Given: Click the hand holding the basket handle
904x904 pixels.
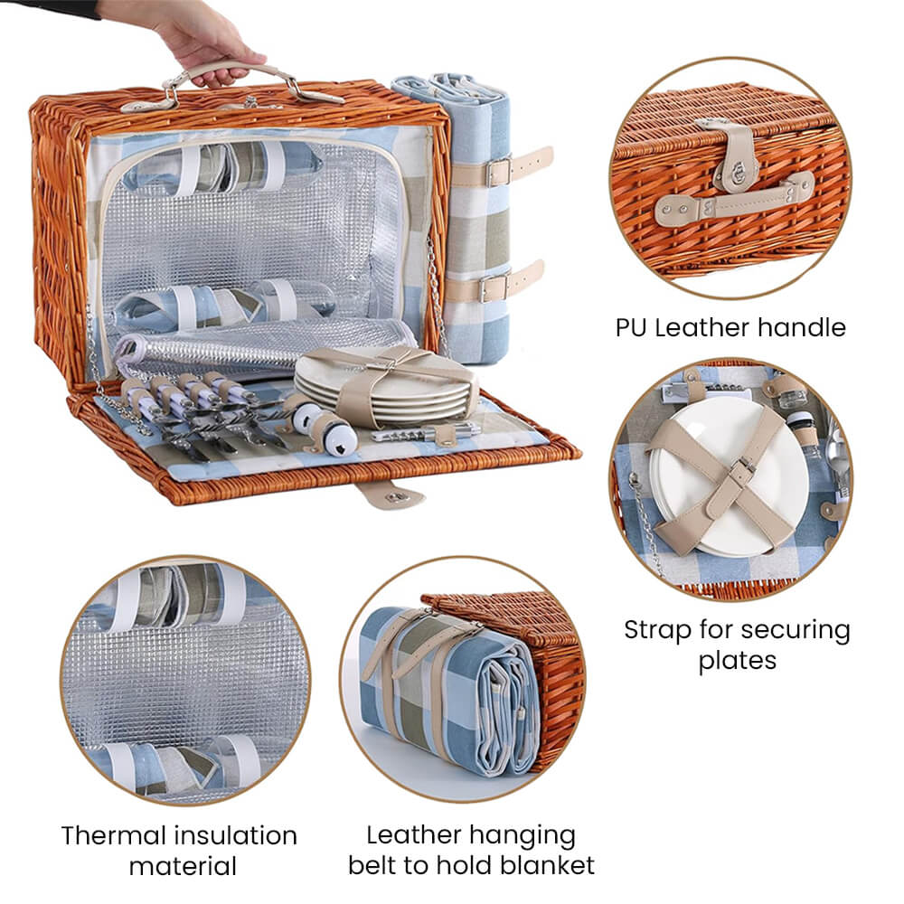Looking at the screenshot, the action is point(196,41).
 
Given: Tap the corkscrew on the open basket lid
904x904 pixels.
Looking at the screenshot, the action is point(426,431).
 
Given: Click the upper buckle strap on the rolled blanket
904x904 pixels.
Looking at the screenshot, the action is point(501,168).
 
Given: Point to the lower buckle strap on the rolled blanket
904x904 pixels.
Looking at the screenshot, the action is point(495,282).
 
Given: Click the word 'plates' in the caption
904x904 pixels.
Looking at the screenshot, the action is point(738,661).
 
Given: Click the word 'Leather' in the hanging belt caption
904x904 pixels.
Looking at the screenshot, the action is point(413,835).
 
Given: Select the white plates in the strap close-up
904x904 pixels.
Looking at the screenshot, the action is point(728,476).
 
